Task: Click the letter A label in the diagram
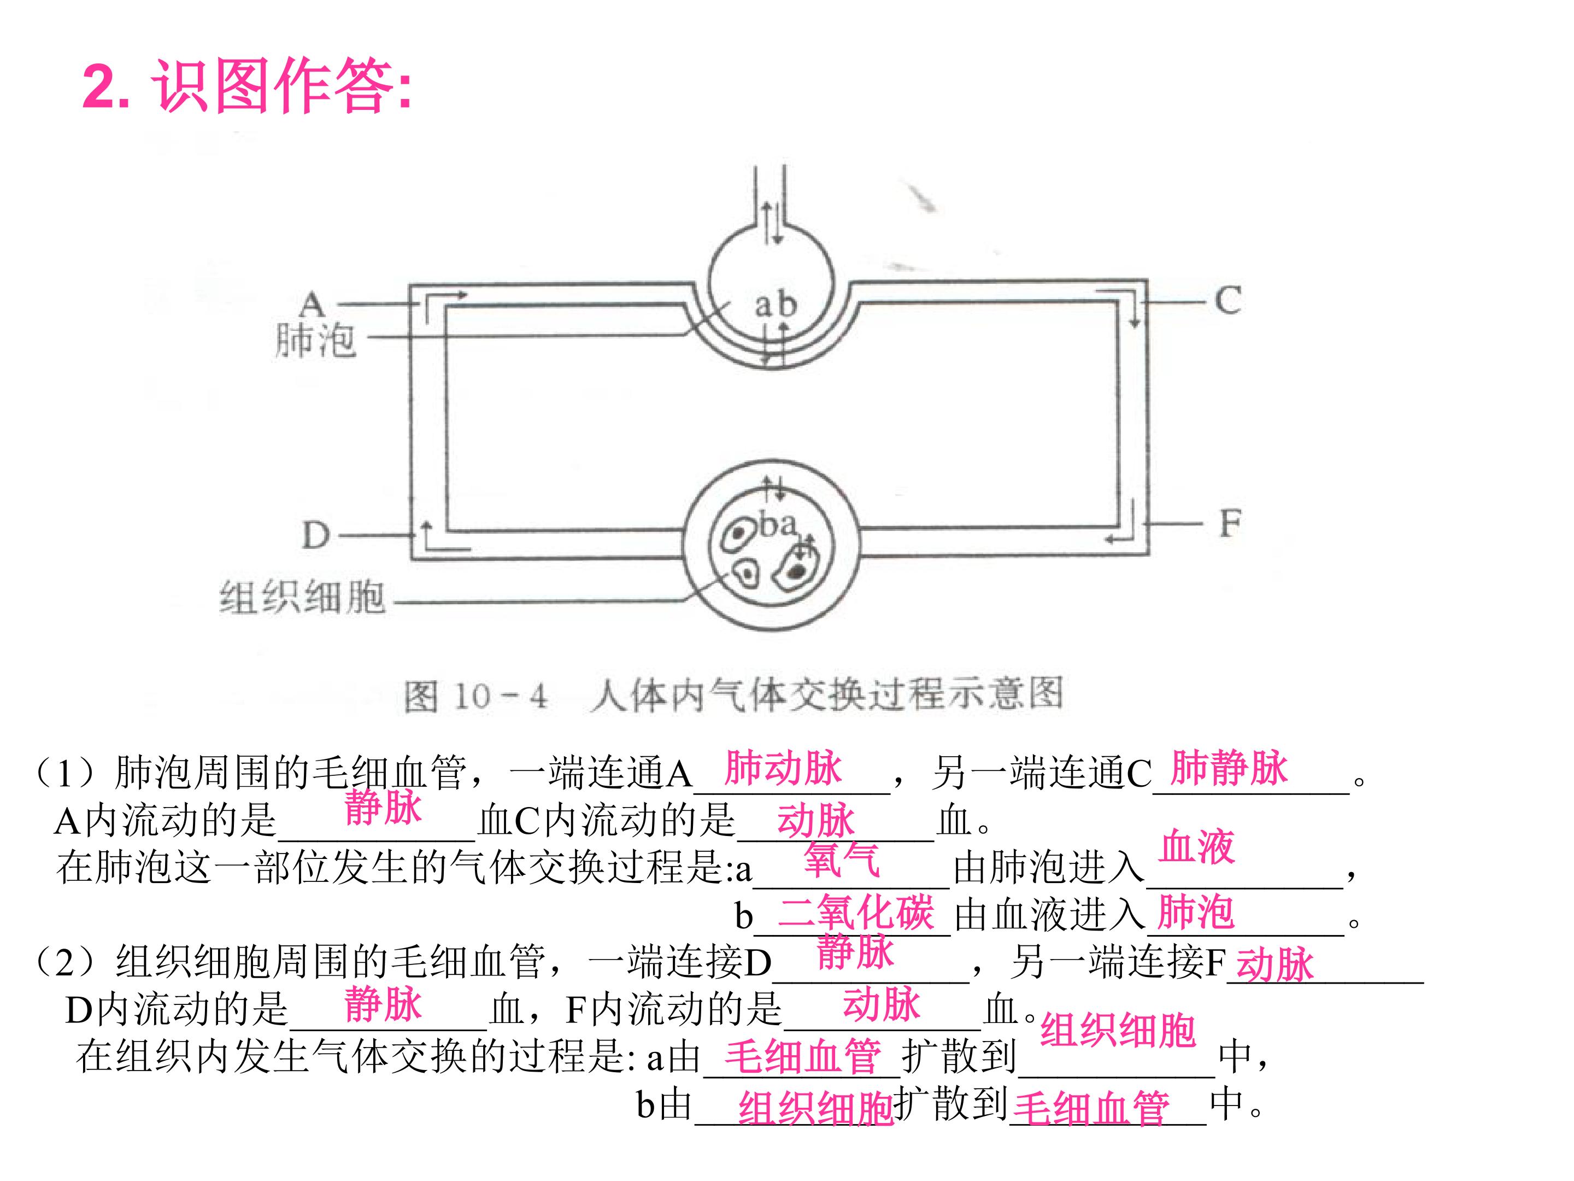[x=312, y=305]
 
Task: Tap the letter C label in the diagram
[x=1228, y=300]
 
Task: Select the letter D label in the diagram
[x=316, y=535]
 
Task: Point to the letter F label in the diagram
[x=1230, y=524]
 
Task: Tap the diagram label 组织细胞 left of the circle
[x=302, y=597]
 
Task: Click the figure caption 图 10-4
[x=475, y=696]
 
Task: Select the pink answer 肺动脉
[x=783, y=769]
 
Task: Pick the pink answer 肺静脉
[x=1229, y=768]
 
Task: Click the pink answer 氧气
[x=842, y=860]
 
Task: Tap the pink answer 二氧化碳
[x=856, y=913]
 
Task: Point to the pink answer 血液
[x=1197, y=847]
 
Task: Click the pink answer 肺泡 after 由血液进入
[x=1195, y=913]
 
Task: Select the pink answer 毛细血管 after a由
[x=803, y=1056]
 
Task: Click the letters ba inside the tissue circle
[x=778, y=525]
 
